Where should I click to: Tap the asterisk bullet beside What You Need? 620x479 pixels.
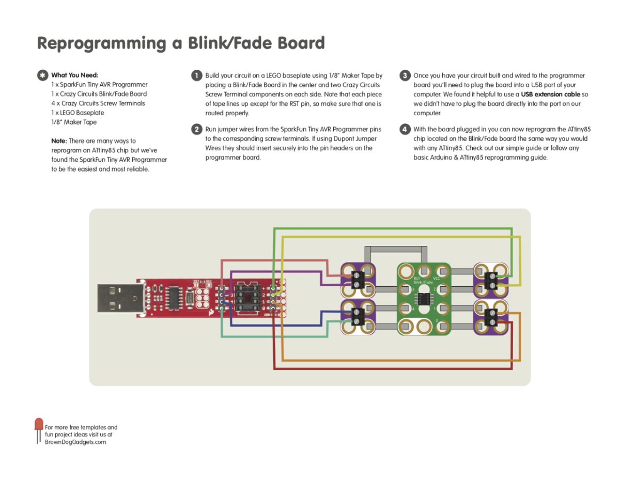coord(42,75)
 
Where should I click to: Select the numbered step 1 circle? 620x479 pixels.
coord(196,75)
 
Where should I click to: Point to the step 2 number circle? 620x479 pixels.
coord(196,129)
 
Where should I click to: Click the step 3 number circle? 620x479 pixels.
coord(405,75)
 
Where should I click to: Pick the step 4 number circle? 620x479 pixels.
coord(405,129)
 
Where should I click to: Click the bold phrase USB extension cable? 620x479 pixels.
coord(550,95)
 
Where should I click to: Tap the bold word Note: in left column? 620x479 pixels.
coord(59,141)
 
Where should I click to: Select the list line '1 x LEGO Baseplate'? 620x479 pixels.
coord(78,113)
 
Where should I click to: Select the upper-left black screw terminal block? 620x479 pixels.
coord(357,280)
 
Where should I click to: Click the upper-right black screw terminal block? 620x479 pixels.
coord(491,281)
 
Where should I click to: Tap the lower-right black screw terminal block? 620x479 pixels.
coord(491,317)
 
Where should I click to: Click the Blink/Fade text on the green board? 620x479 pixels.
coord(423,283)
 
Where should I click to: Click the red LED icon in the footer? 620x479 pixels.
coord(39,425)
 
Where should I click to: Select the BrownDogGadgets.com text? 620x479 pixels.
coord(75,442)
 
